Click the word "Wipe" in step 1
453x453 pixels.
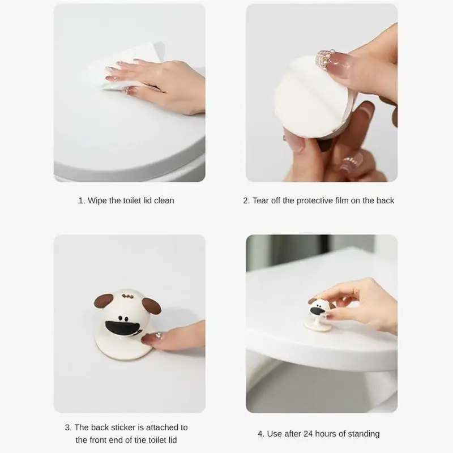click(x=97, y=200)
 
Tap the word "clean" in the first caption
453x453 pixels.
click(x=164, y=200)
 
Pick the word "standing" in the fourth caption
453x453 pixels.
click(x=364, y=434)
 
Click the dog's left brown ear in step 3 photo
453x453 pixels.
click(x=104, y=301)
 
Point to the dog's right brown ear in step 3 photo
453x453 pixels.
click(x=152, y=306)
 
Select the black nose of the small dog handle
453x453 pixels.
click(x=317, y=311)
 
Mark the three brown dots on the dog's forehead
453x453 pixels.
click(x=127, y=296)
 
